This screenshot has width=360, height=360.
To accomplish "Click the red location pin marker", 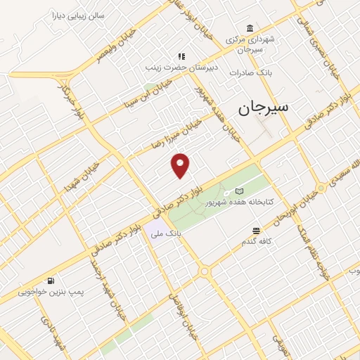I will (181, 165).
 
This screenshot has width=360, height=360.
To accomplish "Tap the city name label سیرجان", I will (264, 108).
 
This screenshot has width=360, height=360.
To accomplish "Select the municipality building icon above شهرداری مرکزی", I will (250, 28).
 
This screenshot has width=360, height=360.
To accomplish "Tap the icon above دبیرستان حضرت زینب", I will (181, 56).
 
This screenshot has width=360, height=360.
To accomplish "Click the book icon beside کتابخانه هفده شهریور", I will (239, 191).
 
